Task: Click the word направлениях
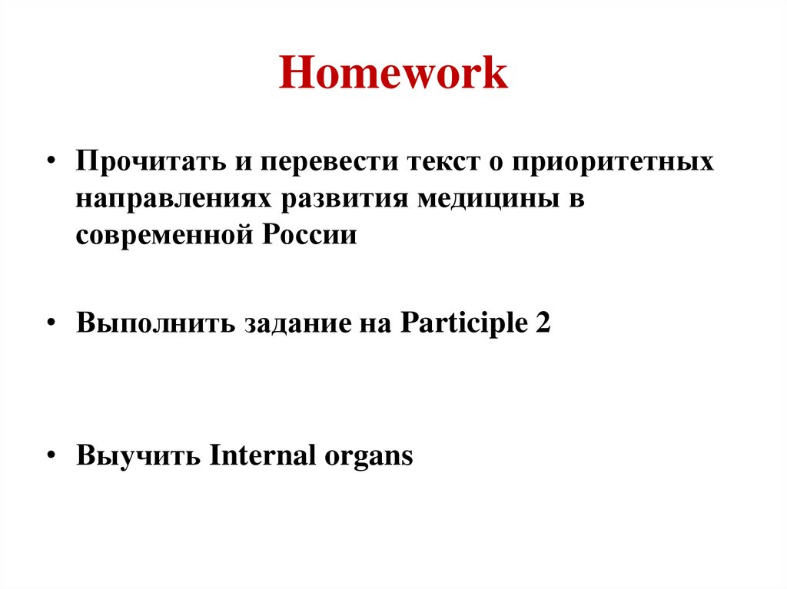[174, 199]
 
